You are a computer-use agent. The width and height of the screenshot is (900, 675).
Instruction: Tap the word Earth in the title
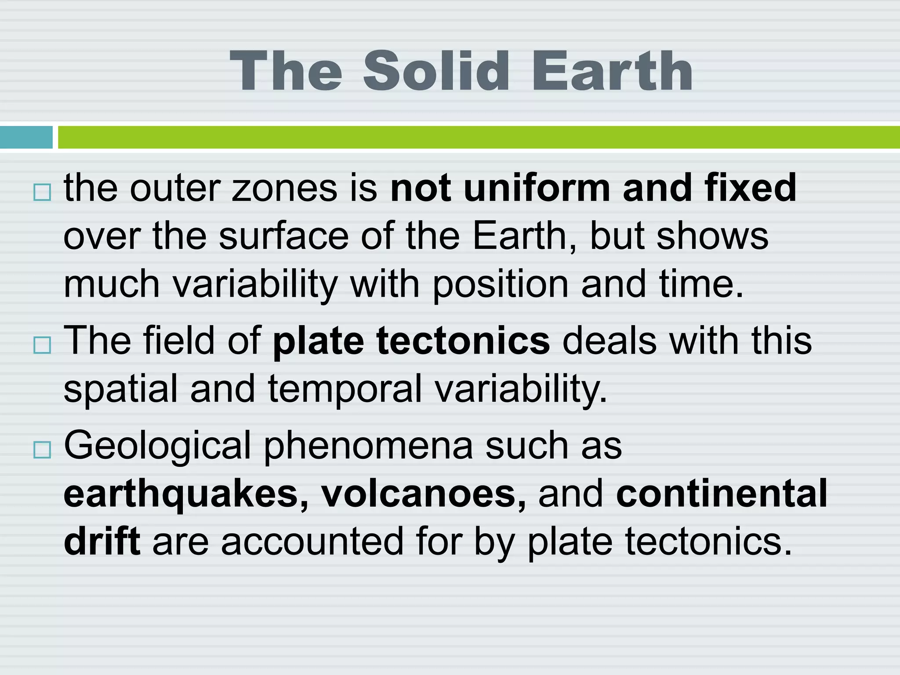coord(612,71)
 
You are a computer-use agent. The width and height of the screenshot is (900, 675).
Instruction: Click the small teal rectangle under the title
coord(26,137)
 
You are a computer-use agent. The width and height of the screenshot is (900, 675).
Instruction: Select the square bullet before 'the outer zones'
coord(42,192)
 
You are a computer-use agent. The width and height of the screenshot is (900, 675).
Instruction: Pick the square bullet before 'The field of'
coord(42,345)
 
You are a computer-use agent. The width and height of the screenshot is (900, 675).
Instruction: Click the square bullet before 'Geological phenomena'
coord(42,450)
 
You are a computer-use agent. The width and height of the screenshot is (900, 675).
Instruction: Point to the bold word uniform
coord(537,188)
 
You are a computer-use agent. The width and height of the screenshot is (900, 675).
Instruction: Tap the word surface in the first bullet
coord(283,236)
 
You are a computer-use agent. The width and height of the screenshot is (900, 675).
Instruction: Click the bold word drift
coord(102,541)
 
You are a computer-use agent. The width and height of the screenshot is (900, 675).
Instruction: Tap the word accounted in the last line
coord(312,542)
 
